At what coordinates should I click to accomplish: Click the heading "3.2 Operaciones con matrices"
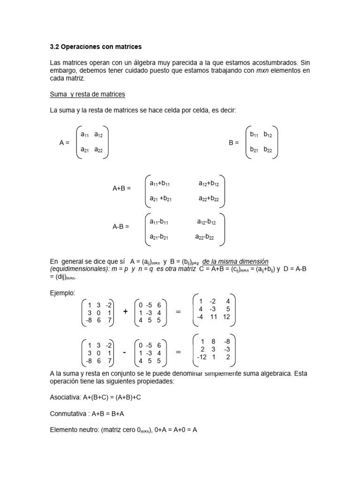pyautogui.click(x=95, y=47)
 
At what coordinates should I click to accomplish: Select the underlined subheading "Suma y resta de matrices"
pyautogui.click(x=87, y=94)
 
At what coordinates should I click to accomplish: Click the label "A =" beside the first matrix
pyautogui.click(x=65, y=142)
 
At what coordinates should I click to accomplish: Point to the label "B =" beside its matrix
pyautogui.click(x=234, y=142)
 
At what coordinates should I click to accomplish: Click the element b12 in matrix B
pyautogui.click(x=268, y=135)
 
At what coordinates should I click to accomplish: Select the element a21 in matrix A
pyautogui.click(x=85, y=150)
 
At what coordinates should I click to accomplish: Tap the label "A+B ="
pyautogui.click(x=121, y=188)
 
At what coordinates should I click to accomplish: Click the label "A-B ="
pyautogui.click(x=120, y=226)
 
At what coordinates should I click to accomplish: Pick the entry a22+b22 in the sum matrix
pyautogui.click(x=209, y=199)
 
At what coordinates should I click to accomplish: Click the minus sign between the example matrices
pyautogui.click(x=125, y=352)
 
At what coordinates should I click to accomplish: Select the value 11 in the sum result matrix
pyautogui.click(x=214, y=316)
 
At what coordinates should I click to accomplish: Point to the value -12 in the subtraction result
pyautogui.click(x=202, y=357)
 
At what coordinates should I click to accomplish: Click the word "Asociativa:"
pyautogui.click(x=66, y=397)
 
